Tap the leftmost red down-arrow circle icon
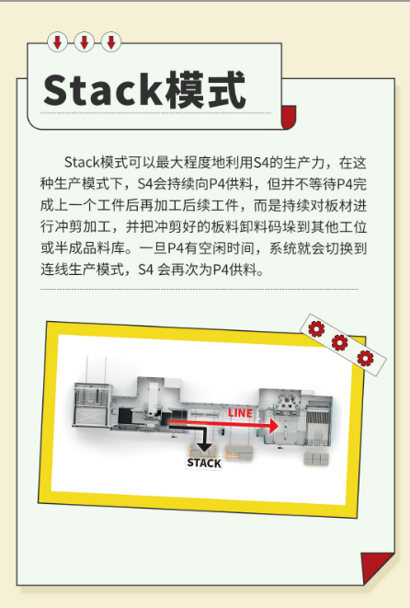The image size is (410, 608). pos(57,42)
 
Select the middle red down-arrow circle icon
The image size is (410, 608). pos(84,42)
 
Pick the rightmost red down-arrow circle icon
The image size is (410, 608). pos(111,42)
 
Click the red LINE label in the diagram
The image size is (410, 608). pos(240,413)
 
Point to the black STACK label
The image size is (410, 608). pos(204,463)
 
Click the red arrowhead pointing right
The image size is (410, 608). pos(274,425)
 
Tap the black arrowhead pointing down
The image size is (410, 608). pos(204,447)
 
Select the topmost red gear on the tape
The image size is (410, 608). pos(316,328)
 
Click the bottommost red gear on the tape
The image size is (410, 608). pos(365,359)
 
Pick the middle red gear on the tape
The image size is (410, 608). pos(340,342)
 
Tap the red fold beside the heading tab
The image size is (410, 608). pos(289,116)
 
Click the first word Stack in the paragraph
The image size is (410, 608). pos(82,163)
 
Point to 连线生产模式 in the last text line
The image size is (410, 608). pos(82,270)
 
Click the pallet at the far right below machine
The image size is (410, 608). pos(316,459)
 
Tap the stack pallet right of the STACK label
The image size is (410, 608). pos(239,453)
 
